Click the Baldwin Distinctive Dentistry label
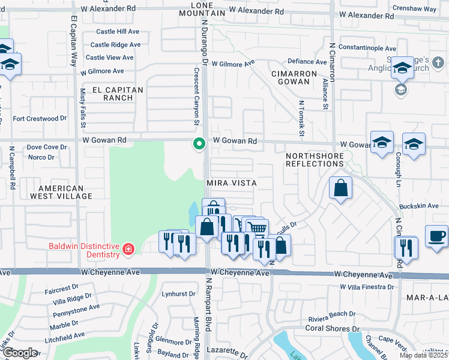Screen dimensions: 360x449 tap(85, 247)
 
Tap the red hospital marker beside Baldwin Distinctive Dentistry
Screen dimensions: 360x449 tap(127, 249)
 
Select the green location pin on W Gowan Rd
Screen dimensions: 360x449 tap(199, 144)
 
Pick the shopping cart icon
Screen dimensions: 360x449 tap(257, 228)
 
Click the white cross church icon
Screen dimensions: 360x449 tap(438, 62)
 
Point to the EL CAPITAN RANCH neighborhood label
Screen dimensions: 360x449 tap(118, 94)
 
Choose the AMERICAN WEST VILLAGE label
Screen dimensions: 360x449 tap(62, 192)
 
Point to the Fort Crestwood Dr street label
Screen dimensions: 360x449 tap(40, 119)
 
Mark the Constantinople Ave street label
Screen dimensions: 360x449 tap(367, 49)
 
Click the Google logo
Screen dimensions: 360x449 tap(20, 353)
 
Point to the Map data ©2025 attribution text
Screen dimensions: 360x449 tap(423, 355)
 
